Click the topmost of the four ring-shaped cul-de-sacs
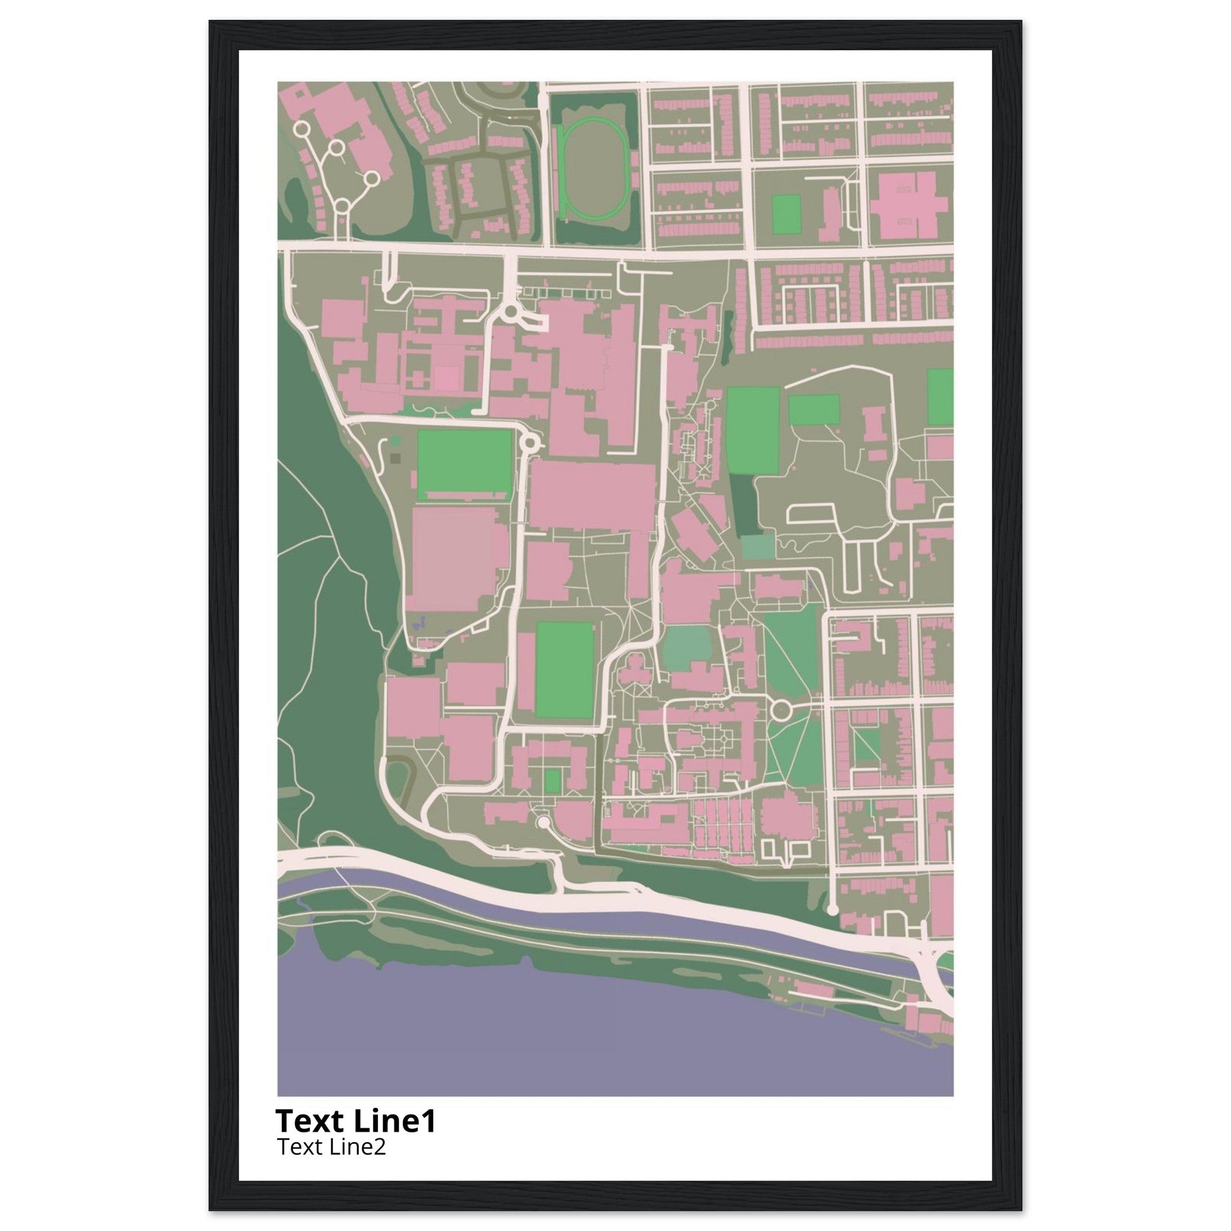(x=302, y=129)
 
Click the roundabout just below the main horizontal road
(x=510, y=312)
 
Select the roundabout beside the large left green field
(x=529, y=443)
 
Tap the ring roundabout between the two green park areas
(x=781, y=709)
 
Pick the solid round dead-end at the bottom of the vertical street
(x=831, y=909)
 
